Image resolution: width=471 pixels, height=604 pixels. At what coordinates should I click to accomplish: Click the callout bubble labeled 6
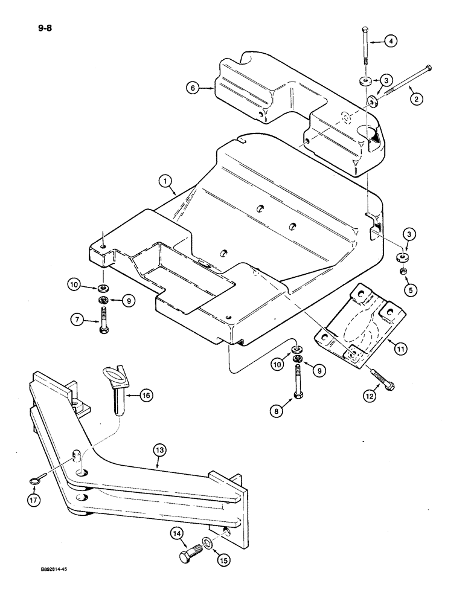click(x=192, y=88)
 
